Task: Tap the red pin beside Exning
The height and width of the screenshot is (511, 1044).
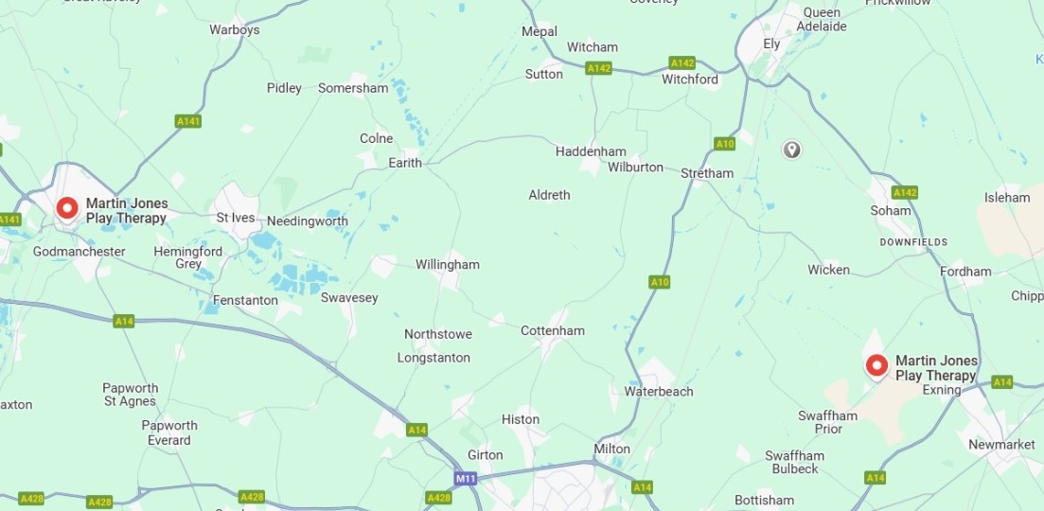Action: pyautogui.click(x=876, y=365)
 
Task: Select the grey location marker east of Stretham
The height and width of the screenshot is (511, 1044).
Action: pyautogui.click(x=791, y=150)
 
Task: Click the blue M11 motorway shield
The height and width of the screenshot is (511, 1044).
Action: pyautogui.click(x=465, y=479)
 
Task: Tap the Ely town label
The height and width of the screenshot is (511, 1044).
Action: pyautogui.click(x=771, y=44)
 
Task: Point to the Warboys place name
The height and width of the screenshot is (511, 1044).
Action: pyautogui.click(x=234, y=30)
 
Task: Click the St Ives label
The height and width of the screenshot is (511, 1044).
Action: pyautogui.click(x=236, y=218)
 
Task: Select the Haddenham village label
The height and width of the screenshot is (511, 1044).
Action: pyautogui.click(x=590, y=151)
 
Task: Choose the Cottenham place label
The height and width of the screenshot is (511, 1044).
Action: pyautogui.click(x=553, y=330)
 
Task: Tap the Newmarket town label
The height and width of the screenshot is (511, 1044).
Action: pyautogui.click(x=1001, y=445)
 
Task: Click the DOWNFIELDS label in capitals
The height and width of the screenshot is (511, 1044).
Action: pyautogui.click(x=913, y=242)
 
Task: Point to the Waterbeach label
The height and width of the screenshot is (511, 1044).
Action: pyautogui.click(x=658, y=391)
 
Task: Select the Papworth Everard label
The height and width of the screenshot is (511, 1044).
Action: pyautogui.click(x=169, y=432)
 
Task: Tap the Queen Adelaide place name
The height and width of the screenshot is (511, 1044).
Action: pyautogui.click(x=823, y=20)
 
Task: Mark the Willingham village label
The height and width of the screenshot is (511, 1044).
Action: pyautogui.click(x=447, y=265)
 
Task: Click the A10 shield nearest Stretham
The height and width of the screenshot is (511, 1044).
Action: pyautogui.click(x=725, y=144)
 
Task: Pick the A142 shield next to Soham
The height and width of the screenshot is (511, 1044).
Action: pyautogui.click(x=904, y=192)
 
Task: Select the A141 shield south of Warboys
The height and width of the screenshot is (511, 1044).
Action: pyautogui.click(x=188, y=121)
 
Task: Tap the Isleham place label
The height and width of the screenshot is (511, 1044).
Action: pyautogui.click(x=1006, y=198)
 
